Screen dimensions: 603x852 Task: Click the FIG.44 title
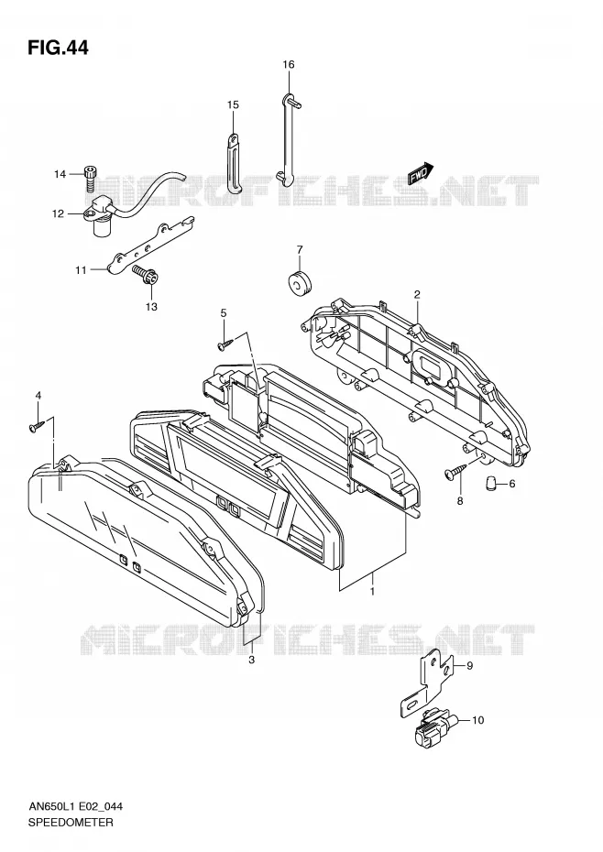click(57, 48)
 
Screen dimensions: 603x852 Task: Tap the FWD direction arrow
click(421, 172)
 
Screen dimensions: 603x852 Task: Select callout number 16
click(288, 65)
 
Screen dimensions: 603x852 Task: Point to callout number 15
click(233, 104)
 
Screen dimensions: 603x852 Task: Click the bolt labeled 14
click(90, 179)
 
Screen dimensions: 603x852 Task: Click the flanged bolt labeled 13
click(145, 275)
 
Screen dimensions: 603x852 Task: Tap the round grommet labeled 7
click(299, 282)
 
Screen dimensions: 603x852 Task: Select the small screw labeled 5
click(225, 344)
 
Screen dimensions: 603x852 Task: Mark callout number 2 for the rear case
click(417, 295)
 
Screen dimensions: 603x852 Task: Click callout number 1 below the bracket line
click(372, 591)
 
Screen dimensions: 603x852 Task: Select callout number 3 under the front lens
click(251, 660)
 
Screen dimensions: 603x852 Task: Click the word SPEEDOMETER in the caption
click(71, 822)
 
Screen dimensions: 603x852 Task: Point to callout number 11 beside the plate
click(81, 270)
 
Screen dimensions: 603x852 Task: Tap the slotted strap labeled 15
click(233, 163)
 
